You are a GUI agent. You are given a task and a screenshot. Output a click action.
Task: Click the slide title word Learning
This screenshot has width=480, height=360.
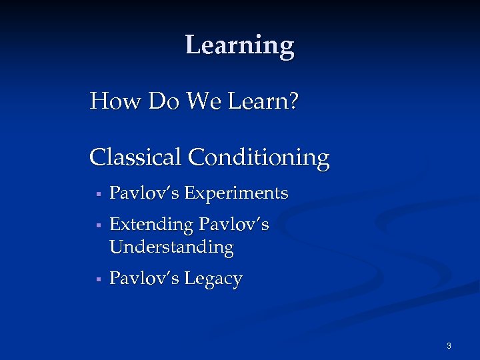(x=239, y=45)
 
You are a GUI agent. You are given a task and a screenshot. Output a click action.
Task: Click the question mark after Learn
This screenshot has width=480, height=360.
(x=293, y=102)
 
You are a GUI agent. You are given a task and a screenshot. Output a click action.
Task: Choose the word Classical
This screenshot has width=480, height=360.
(x=135, y=158)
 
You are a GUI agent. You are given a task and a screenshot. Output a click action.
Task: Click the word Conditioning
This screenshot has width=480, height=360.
(x=259, y=159)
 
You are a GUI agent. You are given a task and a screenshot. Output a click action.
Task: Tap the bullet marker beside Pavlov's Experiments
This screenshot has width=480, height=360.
(x=97, y=195)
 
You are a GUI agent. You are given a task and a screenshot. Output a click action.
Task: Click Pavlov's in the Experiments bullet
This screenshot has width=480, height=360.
(x=145, y=193)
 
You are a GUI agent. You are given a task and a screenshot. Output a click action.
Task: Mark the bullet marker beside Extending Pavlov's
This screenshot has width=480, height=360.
(x=97, y=226)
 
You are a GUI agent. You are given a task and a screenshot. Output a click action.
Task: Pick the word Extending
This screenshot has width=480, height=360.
(x=151, y=225)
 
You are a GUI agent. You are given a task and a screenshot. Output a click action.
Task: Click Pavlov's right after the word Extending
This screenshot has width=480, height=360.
(x=234, y=225)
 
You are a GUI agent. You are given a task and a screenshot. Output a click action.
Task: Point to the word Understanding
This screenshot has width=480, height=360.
(x=171, y=247)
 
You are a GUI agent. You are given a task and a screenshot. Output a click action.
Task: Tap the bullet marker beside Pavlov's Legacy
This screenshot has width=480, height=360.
(x=97, y=279)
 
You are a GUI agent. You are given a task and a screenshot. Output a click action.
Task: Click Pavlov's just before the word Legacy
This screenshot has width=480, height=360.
(x=145, y=278)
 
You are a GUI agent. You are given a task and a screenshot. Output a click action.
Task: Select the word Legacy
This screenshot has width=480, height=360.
(x=213, y=279)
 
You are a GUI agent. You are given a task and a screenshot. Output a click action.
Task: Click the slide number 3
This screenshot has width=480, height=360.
(x=449, y=346)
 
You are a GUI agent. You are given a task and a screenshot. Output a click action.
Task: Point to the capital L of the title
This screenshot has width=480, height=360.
(x=192, y=45)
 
